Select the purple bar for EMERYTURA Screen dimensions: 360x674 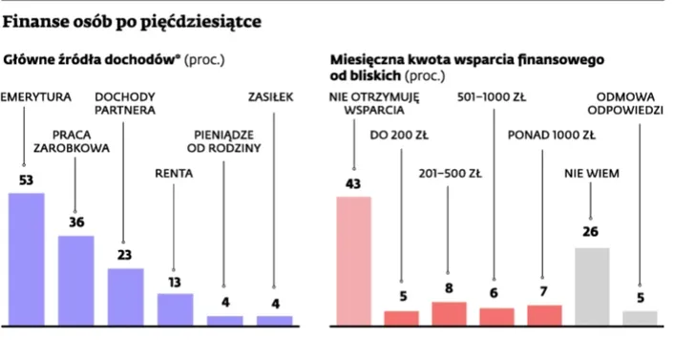[26, 259]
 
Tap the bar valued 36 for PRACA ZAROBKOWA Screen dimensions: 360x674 [76, 280]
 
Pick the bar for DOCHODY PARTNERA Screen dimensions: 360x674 [125, 296]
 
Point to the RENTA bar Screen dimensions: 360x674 [175, 308]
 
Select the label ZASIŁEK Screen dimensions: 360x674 [271, 96]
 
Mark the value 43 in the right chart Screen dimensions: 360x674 [354, 184]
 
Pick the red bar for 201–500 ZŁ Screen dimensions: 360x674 [449, 313]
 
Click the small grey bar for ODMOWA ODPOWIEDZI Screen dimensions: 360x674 [640, 317]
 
